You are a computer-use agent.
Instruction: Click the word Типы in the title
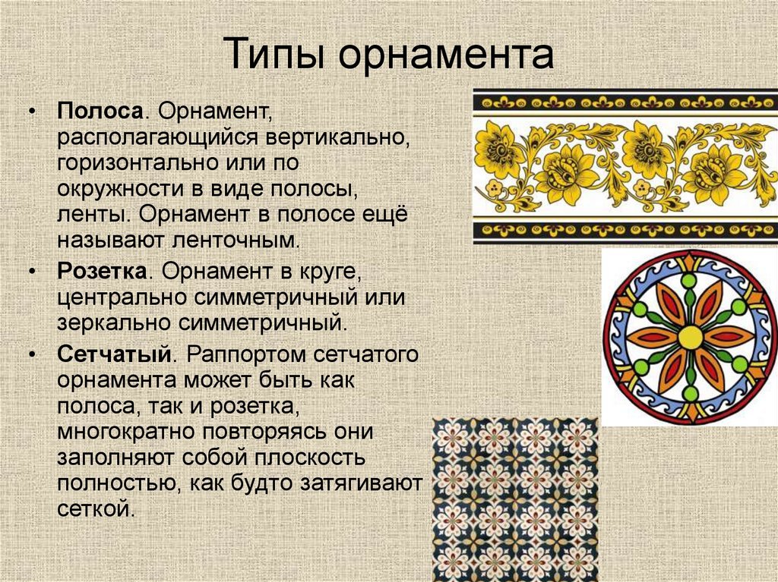(x=274, y=53)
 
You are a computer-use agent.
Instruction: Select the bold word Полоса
(x=100, y=111)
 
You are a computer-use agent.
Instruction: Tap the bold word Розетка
(x=102, y=272)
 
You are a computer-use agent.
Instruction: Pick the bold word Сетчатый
(x=114, y=355)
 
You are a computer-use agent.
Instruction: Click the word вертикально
(x=337, y=137)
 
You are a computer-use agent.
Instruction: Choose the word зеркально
(x=115, y=323)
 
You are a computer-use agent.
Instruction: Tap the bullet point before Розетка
(x=33, y=272)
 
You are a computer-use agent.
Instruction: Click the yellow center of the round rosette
(x=690, y=337)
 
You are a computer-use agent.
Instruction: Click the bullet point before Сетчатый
(x=33, y=355)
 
